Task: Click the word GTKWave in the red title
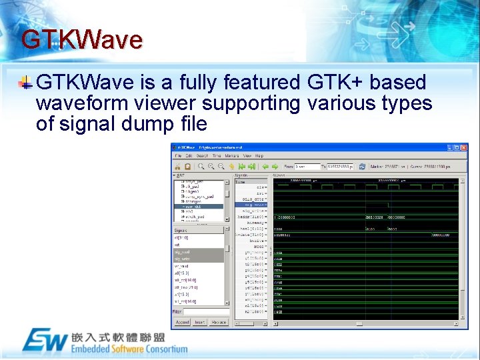tap(81, 40)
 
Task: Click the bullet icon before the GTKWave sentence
tap(25, 83)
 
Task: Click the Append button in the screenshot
tap(181, 322)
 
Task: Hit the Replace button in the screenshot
tap(218, 322)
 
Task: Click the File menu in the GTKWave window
tap(178, 155)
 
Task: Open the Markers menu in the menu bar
tap(231, 155)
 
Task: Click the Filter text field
tap(207, 311)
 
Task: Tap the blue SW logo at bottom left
tap(45, 340)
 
